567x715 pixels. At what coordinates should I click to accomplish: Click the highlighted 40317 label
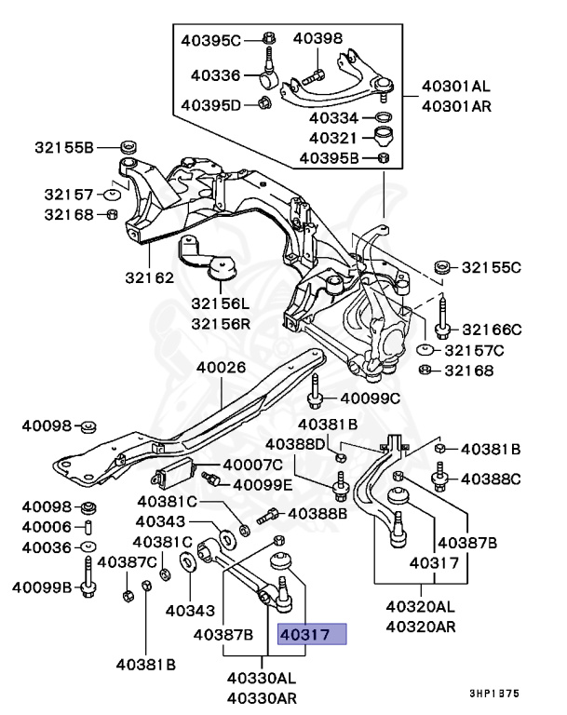pyautogui.click(x=312, y=635)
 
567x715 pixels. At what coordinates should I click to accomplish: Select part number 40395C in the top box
pyautogui.click(x=209, y=40)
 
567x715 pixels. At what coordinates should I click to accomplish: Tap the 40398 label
pyautogui.click(x=317, y=38)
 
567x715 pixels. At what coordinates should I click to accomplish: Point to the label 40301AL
pyautogui.click(x=455, y=87)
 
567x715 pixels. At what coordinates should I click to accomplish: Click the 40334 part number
pyautogui.click(x=333, y=118)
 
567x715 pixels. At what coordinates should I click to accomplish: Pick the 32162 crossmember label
pyautogui.click(x=151, y=277)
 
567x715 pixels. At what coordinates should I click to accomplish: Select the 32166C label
pyautogui.click(x=492, y=330)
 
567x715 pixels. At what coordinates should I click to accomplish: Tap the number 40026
pyautogui.click(x=221, y=367)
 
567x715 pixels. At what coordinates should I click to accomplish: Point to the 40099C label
pyautogui.click(x=369, y=398)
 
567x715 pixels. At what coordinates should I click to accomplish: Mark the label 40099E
pyautogui.click(x=263, y=484)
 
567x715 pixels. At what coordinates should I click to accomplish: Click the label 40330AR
pyautogui.click(x=261, y=697)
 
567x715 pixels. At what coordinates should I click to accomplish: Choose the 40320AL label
pyautogui.click(x=421, y=606)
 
